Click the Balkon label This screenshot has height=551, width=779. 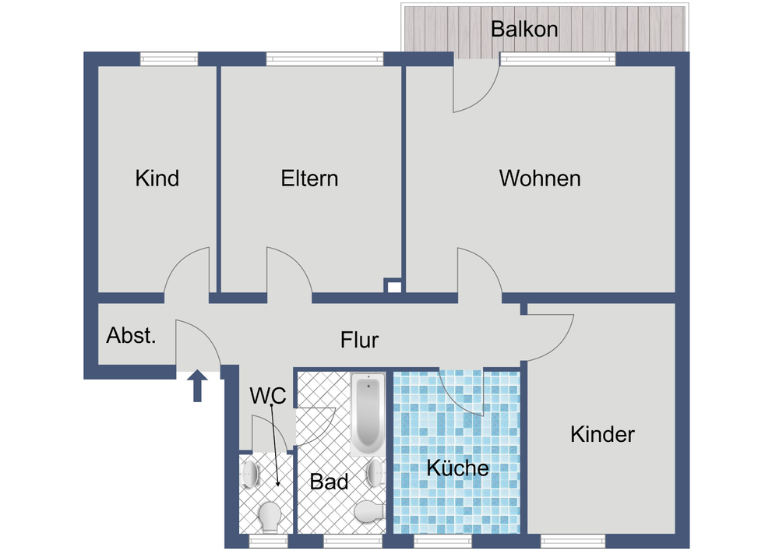(x=524, y=30)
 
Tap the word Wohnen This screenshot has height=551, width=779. (x=540, y=178)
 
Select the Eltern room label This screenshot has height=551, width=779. (x=309, y=178)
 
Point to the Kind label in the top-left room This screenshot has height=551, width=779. (x=157, y=178)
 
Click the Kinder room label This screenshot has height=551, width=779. (x=602, y=434)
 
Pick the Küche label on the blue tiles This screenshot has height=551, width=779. (x=457, y=468)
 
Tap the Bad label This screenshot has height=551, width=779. (x=329, y=482)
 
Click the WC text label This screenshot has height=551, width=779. (x=268, y=396)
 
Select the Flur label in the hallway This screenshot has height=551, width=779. (x=359, y=340)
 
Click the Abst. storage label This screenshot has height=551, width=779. (x=132, y=337)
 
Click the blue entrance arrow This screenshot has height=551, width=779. (x=198, y=386)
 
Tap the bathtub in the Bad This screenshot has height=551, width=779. (x=367, y=414)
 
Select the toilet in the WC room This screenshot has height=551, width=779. (x=270, y=516)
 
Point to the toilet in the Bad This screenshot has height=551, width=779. (x=368, y=512)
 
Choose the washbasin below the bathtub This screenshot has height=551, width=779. (x=376, y=471)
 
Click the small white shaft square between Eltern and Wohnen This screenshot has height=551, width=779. (x=394, y=286)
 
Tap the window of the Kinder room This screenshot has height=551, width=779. (x=573, y=539)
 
